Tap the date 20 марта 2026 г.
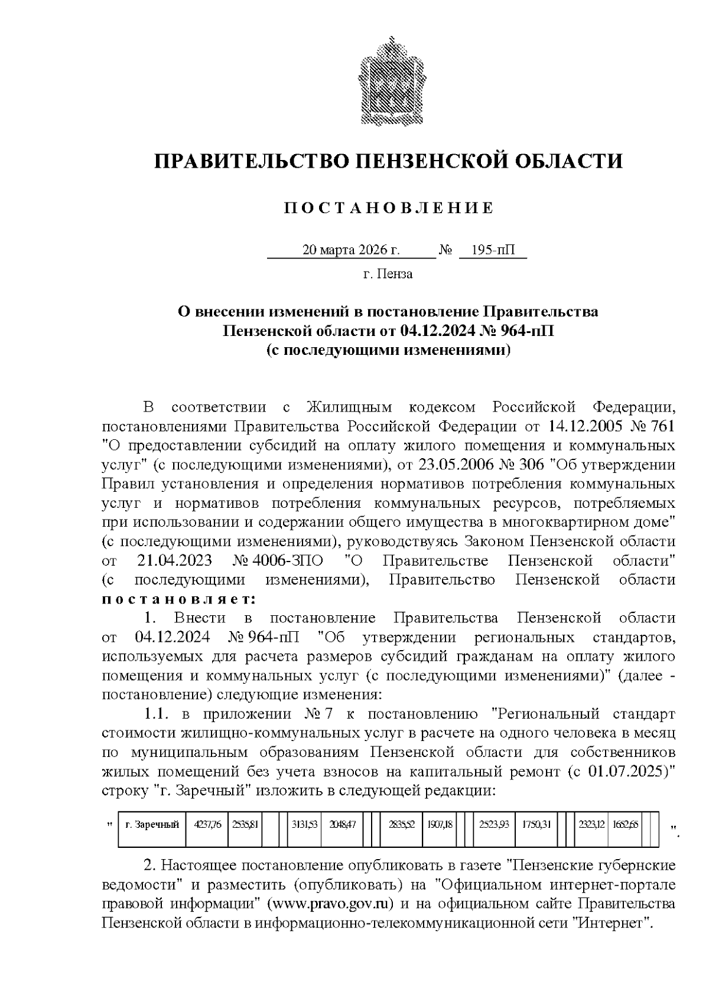(x=351, y=250)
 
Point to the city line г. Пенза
(x=388, y=274)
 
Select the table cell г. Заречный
(x=152, y=825)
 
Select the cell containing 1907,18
(x=437, y=825)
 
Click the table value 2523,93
(x=494, y=825)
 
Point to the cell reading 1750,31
(x=536, y=825)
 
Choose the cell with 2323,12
(x=593, y=825)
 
